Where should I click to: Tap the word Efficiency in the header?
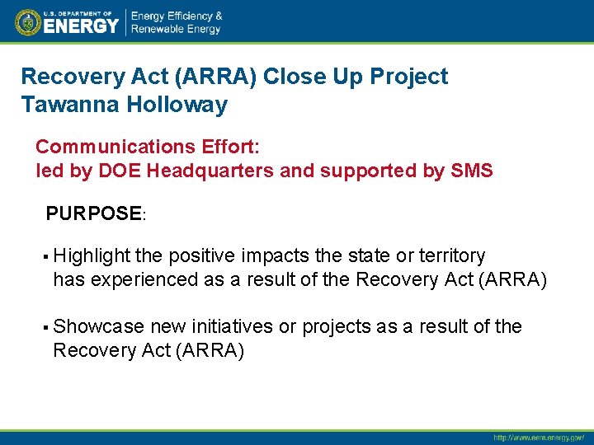(x=195, y=16)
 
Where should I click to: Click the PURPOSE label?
(x=94, y=214)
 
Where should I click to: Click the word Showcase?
(x=98, y=326)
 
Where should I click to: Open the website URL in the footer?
(x=538, y=438)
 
